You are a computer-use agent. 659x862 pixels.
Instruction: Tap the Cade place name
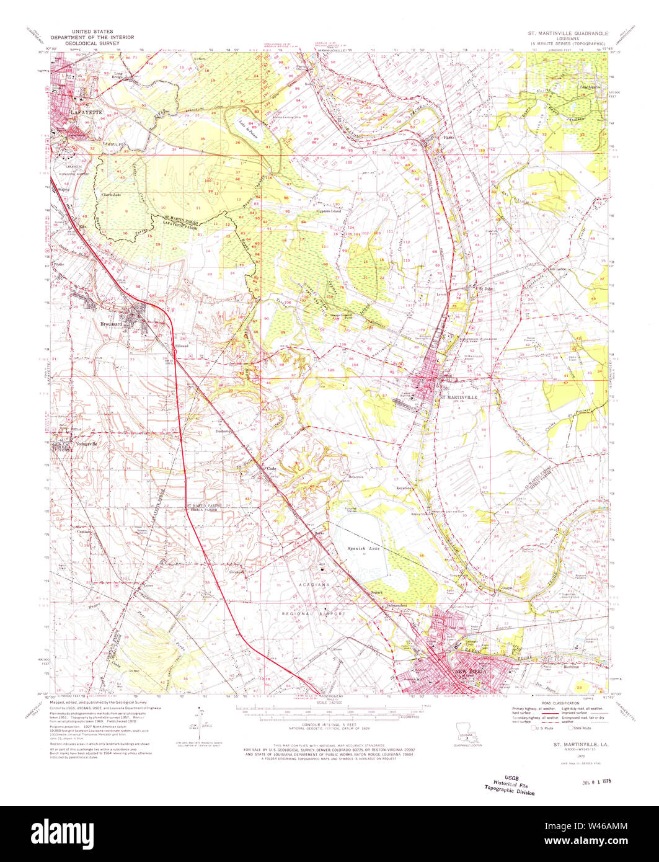[x=271, y=468]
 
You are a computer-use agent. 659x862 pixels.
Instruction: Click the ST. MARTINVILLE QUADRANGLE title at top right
[x=564, y=32]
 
